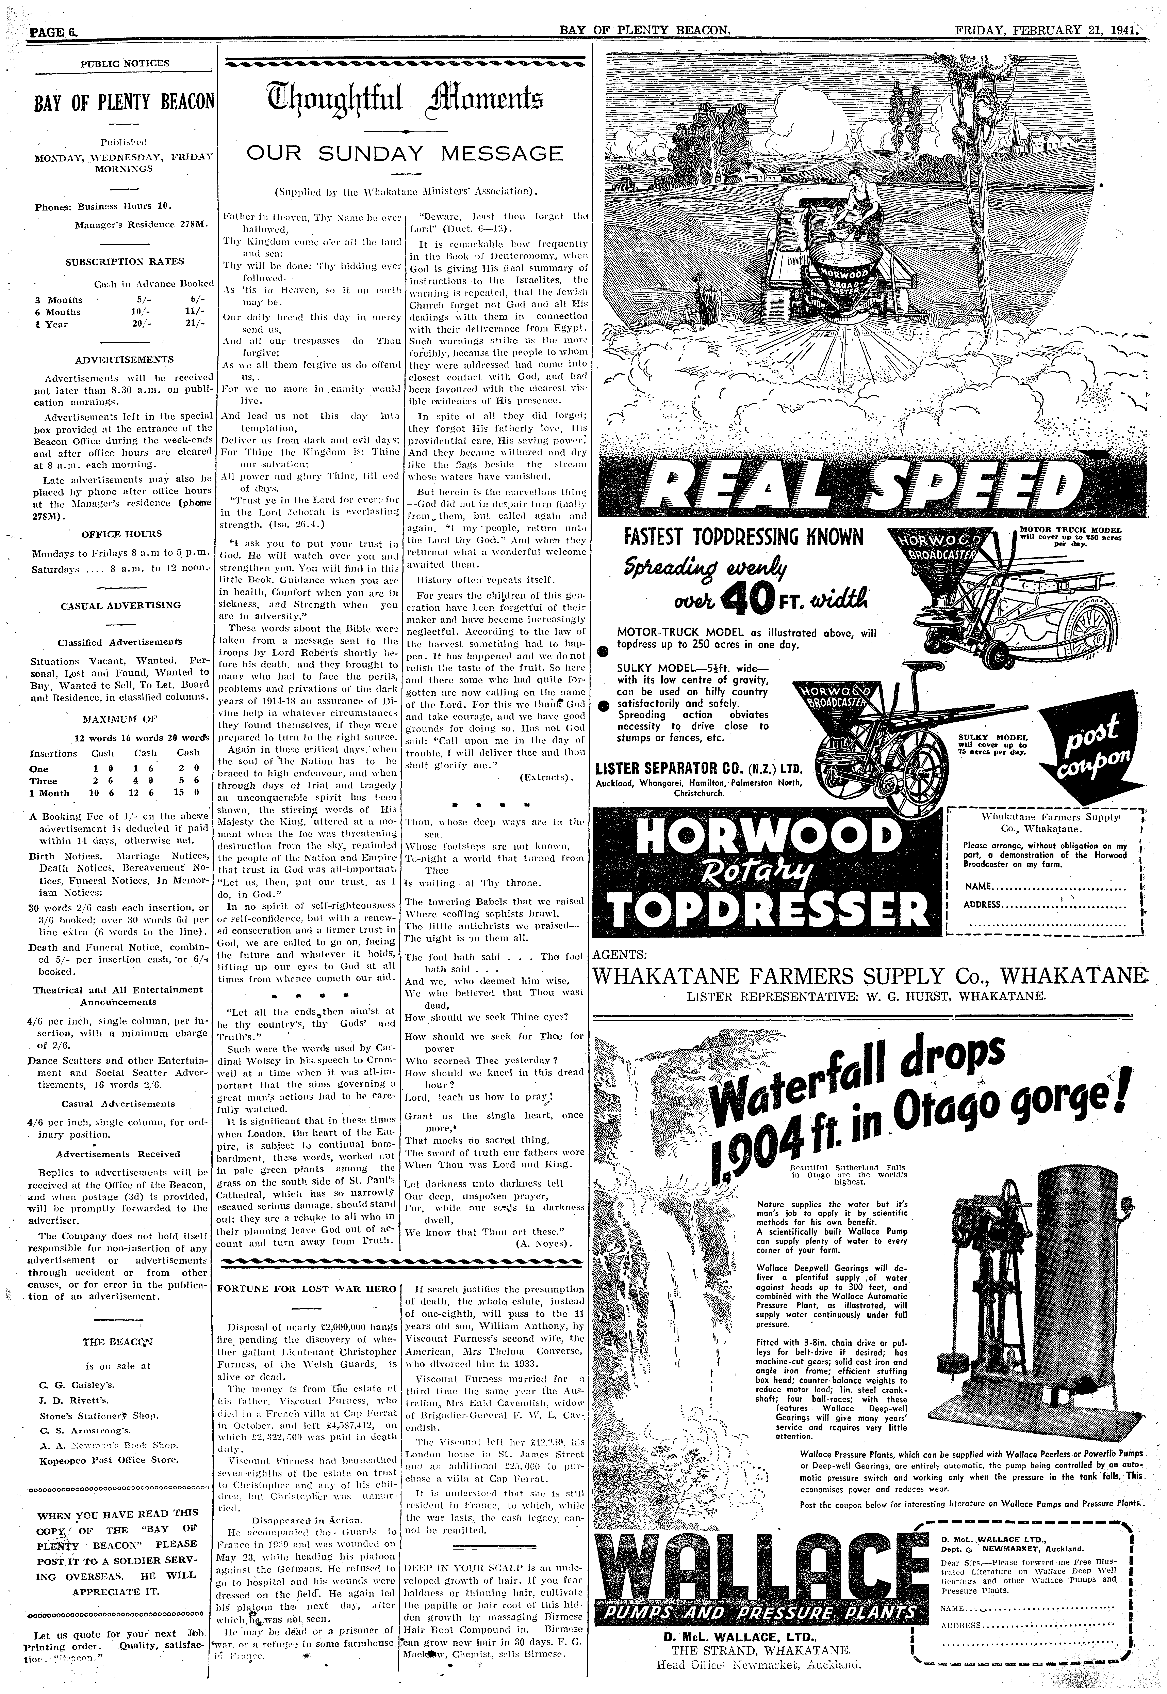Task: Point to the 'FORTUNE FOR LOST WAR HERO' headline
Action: (307, 1289)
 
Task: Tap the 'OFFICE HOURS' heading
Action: (121, 533)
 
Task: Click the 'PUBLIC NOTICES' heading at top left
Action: (124, 63)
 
